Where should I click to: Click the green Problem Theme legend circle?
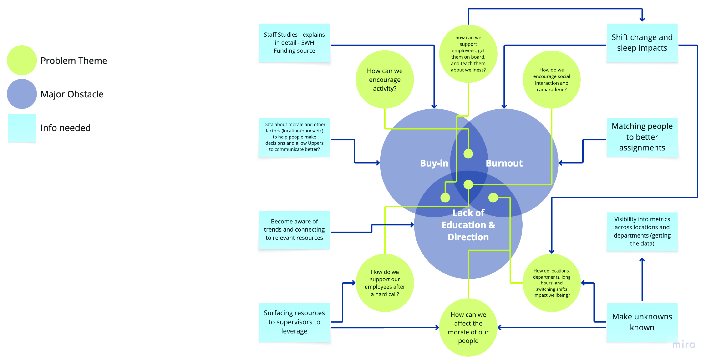[22, 60]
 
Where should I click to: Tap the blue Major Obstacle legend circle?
[22, 94]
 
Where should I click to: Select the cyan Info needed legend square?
[22, 128]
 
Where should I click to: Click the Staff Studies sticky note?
[294, 43]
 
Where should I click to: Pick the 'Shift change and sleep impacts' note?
[642, 43]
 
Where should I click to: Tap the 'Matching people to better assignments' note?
[642, 137]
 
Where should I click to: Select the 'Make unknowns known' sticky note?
[642, 322]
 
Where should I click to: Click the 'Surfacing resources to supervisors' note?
[294, 322]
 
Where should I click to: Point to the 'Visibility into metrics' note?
[642, 231]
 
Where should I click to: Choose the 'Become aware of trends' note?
[294, 230]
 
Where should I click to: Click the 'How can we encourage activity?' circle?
[385, 80]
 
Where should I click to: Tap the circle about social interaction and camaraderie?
[551, 80]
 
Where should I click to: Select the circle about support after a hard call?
[385, 283]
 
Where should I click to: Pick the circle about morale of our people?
[468, 327]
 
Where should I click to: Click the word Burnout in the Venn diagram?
[504, 163]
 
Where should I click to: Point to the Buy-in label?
[434, 163]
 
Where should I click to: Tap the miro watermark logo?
[684, 344]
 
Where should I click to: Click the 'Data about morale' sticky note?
[294, 137]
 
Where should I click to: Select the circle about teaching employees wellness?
[468, 54]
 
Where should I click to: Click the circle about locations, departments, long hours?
[551, 283]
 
